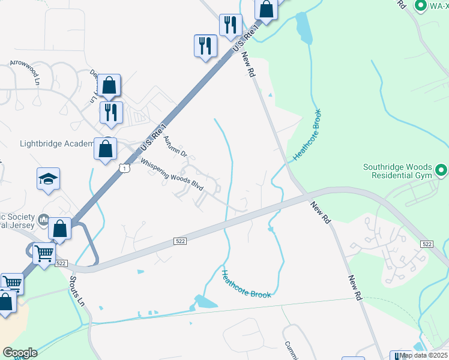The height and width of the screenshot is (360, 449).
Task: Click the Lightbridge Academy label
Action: point(57,144)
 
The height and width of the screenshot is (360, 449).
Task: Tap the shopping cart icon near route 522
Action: point(44,254)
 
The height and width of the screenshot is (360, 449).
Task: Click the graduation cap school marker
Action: point(48,179)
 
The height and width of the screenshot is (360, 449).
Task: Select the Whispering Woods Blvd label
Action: point(172,175)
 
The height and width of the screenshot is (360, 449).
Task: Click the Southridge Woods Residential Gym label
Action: point(398,172)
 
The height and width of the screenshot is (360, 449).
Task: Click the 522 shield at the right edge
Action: point(427,244)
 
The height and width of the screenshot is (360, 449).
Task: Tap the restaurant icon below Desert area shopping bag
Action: point(110,112)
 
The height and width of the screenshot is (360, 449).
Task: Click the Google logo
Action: point(20,353)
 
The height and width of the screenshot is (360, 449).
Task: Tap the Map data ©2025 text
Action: point(424,355)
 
